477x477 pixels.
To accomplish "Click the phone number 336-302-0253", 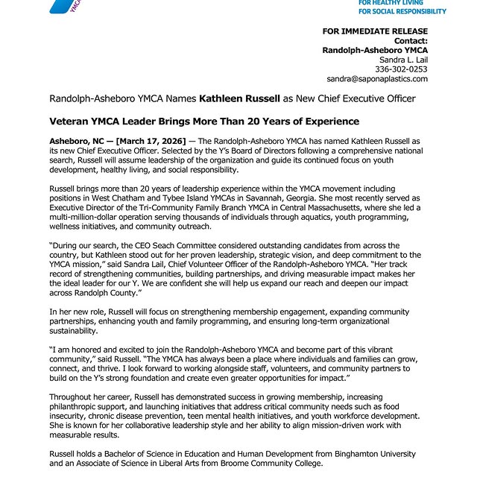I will [403, 69].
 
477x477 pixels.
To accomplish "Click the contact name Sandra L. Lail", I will [403, 59].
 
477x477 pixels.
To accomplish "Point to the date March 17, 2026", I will [154, 140].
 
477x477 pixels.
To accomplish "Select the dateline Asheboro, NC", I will [75, 140].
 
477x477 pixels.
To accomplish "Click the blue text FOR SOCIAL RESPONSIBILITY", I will [402, 11].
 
